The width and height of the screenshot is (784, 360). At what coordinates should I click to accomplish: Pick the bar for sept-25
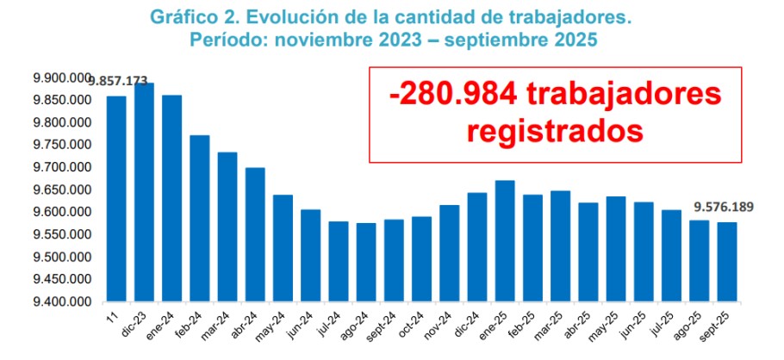tap(727, 262)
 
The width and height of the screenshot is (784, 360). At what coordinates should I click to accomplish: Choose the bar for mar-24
tap(227, 227)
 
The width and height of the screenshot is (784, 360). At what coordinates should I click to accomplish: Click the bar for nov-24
tap(450, 253)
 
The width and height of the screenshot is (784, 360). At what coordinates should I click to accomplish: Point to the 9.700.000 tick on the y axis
tap(61, 168)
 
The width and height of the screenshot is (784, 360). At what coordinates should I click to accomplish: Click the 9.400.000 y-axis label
tap(61, 302)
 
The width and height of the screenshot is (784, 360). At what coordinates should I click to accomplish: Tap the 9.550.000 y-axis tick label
tap(61, 235)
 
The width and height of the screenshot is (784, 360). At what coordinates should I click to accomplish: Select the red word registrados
tap(556, 132)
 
